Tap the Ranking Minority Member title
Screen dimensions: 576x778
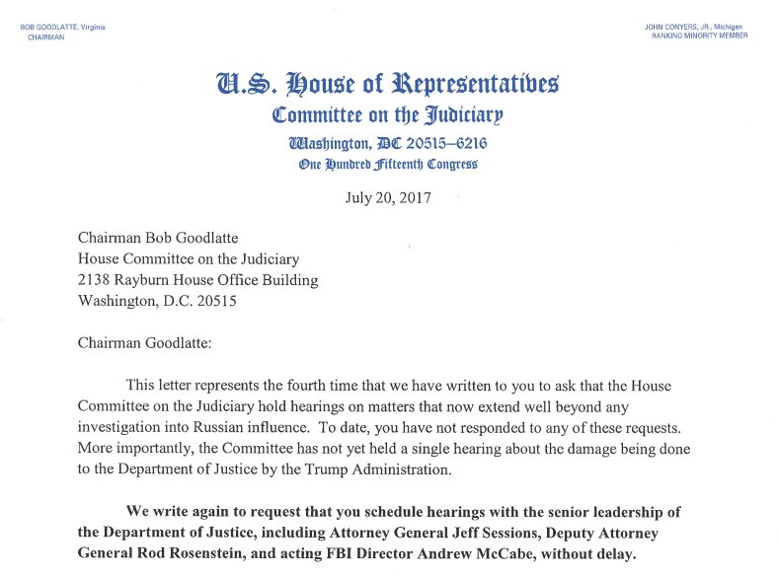click(699, 36)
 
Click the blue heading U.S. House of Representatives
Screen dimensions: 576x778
click(388, 83)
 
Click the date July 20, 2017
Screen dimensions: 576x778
click(388, 196)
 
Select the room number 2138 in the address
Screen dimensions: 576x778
click(96, 280)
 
